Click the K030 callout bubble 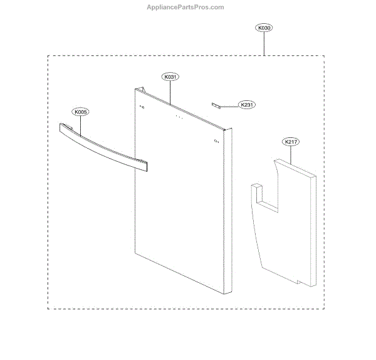coord(264,28)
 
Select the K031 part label coord(170,77)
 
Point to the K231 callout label coord(247,105)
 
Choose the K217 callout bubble coord(291,142)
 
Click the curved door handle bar coord(103,147)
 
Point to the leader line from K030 coord(264,43)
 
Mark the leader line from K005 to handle coord(80,122)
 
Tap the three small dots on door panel coord(178,117)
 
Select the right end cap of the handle coord(146,166)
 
